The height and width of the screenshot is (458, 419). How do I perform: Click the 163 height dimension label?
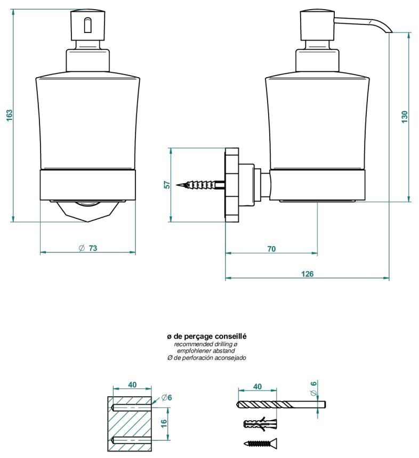10,116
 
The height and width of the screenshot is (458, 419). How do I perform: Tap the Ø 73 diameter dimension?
88,248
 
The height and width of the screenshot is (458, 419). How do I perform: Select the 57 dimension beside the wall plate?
167,185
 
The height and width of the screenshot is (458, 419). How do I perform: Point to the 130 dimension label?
405,117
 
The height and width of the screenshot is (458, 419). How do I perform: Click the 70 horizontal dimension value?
271,249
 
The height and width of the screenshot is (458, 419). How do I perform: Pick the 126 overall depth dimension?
307,274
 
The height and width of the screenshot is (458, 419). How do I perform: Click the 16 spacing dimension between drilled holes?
164,423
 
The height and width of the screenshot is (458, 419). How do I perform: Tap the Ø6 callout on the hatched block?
166,397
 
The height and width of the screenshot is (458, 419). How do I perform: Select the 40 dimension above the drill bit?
257,387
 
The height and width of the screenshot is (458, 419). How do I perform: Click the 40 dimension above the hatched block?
132,385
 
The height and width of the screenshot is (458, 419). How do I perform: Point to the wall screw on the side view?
200,185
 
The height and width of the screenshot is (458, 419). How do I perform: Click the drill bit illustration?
281,405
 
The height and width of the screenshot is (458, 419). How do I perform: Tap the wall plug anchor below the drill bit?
260,423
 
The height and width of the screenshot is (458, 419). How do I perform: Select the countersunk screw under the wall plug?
260,444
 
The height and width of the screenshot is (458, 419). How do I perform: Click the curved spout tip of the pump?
389,31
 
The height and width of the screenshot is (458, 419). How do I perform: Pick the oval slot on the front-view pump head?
88,26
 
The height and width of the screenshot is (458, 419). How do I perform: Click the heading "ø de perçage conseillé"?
207,337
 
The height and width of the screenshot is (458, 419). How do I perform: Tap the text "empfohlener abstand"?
206,351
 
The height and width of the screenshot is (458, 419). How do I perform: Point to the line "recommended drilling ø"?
206,344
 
